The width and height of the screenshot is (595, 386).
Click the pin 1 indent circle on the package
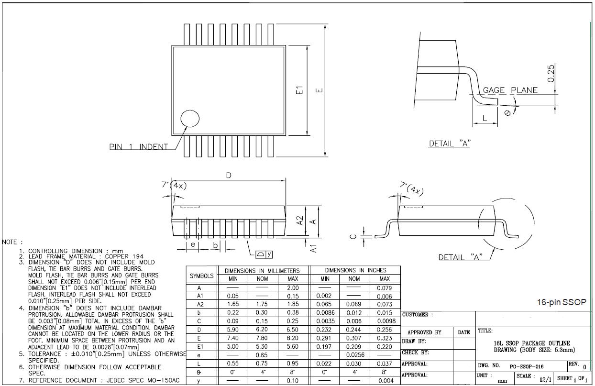190,119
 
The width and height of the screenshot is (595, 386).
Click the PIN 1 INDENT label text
139,147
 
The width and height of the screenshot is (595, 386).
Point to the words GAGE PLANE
510,90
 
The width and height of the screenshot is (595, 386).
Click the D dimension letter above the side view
229,176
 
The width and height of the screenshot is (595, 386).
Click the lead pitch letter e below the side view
192,244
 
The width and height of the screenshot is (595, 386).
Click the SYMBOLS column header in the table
202,276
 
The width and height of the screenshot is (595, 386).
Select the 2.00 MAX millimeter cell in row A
293,288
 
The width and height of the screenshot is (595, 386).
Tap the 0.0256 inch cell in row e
354,355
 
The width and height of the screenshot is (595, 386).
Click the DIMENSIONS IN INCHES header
355,270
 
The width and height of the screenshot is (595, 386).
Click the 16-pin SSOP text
562,302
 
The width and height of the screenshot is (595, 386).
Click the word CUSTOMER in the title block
418,315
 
